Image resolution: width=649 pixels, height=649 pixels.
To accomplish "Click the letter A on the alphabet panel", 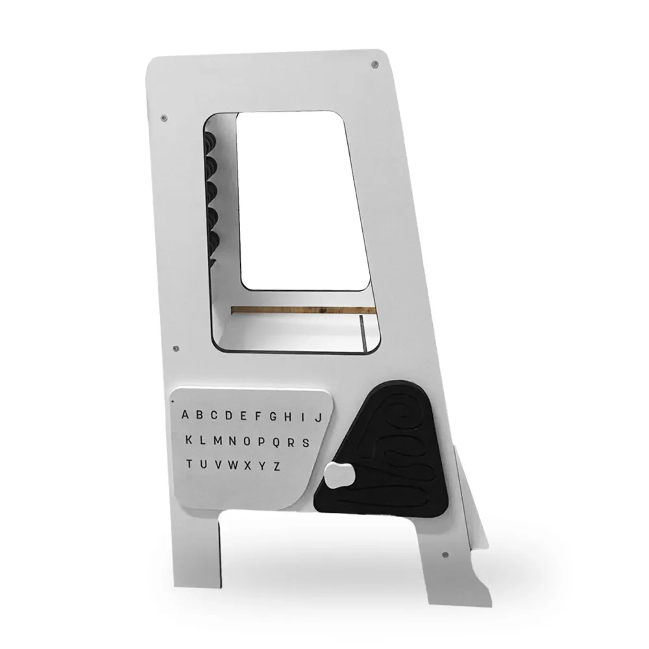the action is click(186, 415).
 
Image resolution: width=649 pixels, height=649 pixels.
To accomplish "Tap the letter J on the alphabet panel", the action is click(318, 417).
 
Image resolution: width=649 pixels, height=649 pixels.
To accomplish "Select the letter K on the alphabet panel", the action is click(189, 439).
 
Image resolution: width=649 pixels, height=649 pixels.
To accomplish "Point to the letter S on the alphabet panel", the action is click(306, 443).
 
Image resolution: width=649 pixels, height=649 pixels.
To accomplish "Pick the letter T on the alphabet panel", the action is click(189, 463).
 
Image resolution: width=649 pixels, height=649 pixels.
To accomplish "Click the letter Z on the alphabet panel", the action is click(276, 466).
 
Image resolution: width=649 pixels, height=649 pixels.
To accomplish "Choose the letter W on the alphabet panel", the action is click(233, 465).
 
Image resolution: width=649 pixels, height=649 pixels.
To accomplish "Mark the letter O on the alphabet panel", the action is click(247, 441).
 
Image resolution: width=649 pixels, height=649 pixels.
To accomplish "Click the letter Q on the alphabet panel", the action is click(276, 442).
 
